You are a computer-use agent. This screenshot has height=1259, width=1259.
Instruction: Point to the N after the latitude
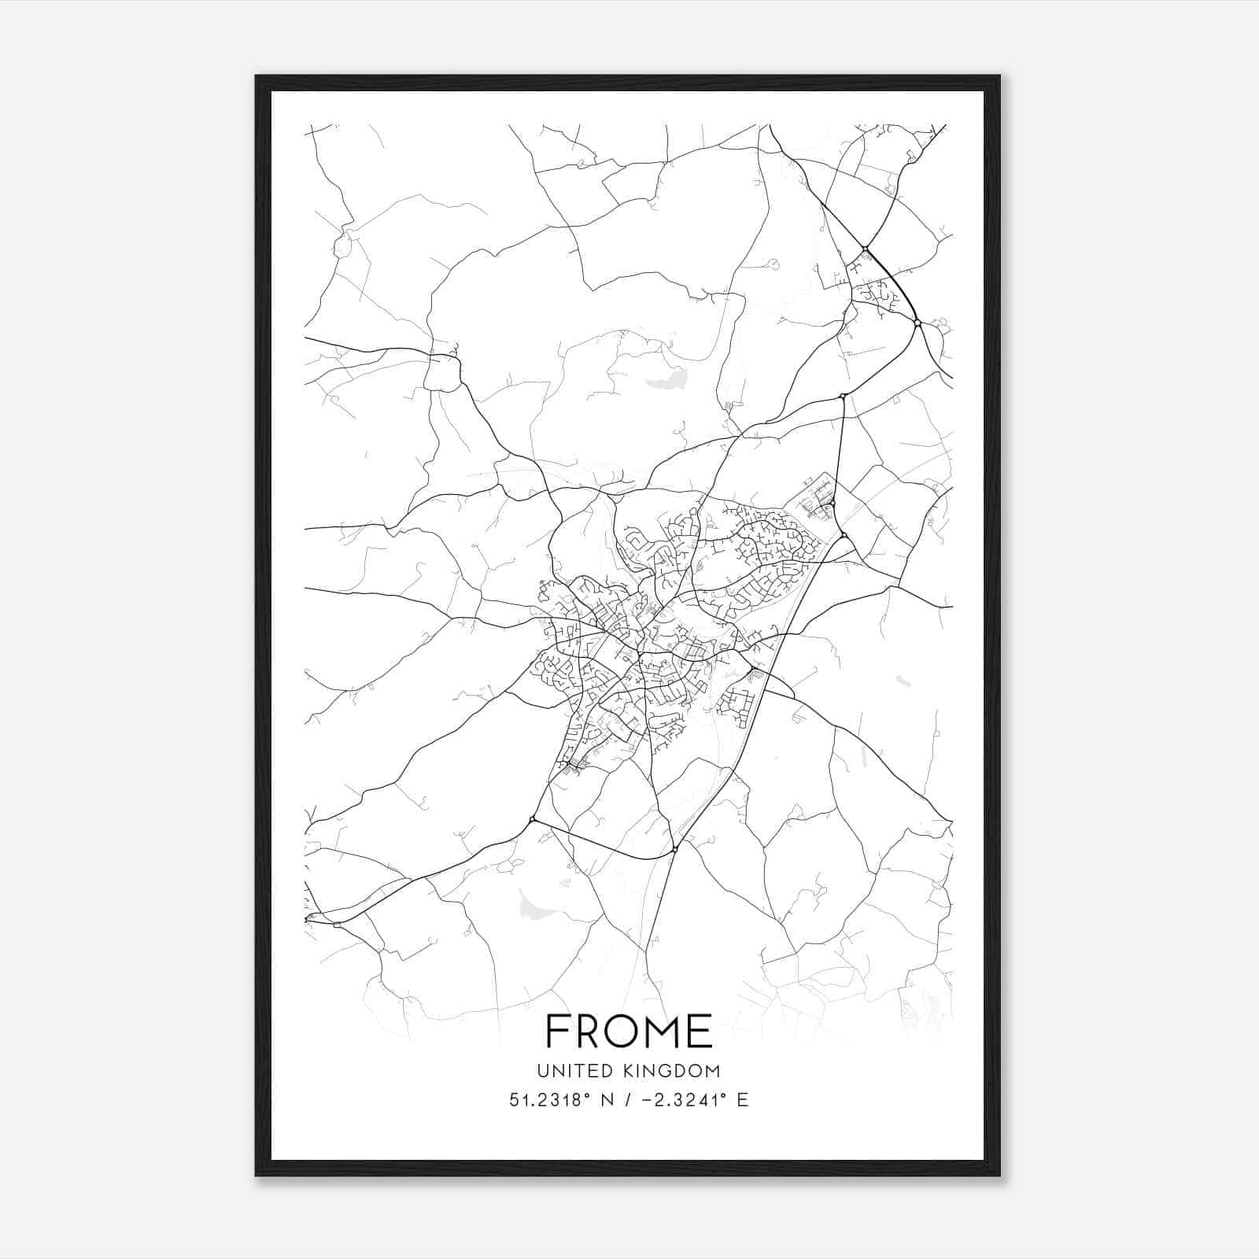[606, 1100]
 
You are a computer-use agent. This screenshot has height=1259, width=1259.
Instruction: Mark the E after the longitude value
[742, 1100]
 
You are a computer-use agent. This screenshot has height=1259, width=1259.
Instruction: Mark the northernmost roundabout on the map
[865, 249]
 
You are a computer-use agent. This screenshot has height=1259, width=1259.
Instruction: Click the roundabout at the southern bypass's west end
[533, 820]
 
